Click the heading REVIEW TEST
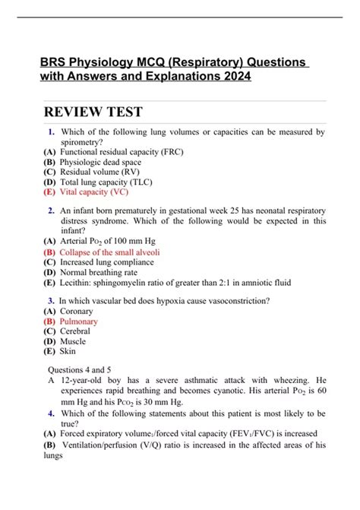93,112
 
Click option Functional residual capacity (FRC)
121,152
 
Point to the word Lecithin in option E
78,282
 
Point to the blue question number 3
50,300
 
